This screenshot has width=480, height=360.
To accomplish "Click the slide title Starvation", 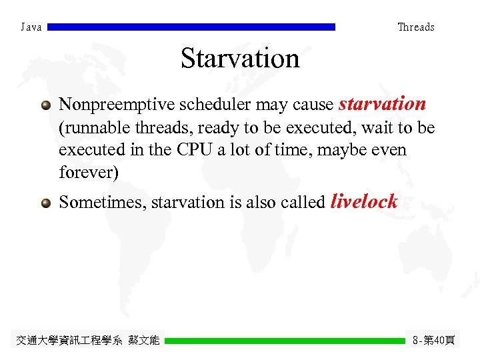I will pyautogui.click(x=240, y=59).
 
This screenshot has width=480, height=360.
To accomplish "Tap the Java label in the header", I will pyautogui.click(x=31, y=27).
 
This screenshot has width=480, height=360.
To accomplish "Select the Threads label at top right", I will pyautogui.click(x=415, y=27).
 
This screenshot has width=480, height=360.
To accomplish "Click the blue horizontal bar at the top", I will pyautogui.click(x=192, y=27).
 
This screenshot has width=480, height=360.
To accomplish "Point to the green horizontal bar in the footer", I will pyautogui.click(x=285, y=341).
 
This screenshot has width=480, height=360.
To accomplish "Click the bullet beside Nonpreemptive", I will pyautogui.click(x=45, y=105).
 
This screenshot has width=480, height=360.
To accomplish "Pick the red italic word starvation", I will pyautogui.click(x=382, y=104).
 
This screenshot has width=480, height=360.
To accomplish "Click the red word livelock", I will pyautogui.click(x=364, y=201).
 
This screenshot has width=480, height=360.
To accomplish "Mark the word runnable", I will pyautogui.click(x=92, y=128).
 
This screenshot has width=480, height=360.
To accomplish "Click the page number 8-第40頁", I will pyautogui.click(x=433, y=341).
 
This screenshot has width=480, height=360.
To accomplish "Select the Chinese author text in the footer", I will pyautogui.click(x=87, y=341).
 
